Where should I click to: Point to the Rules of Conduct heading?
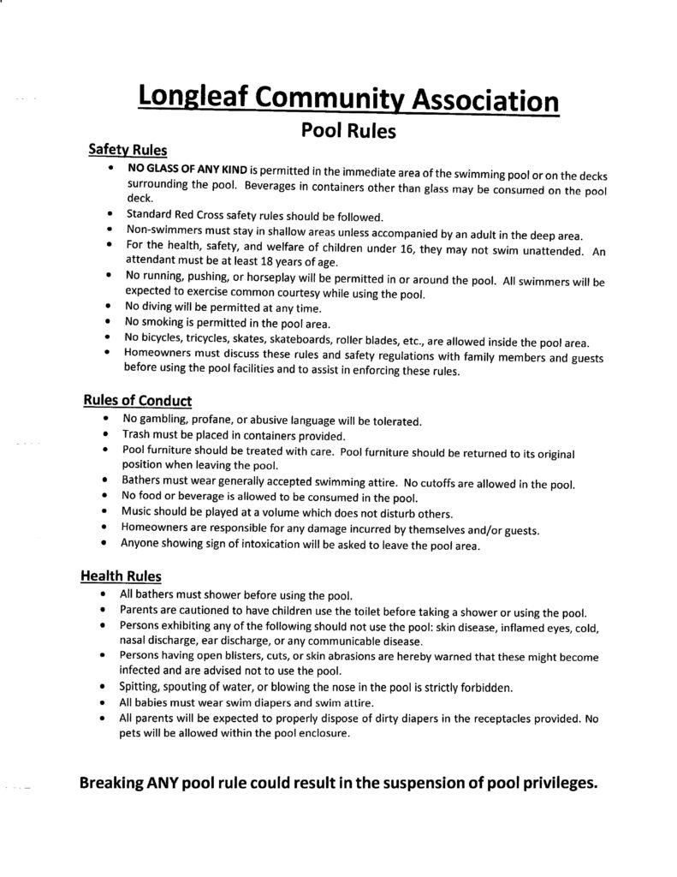click(x=137, y=401)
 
